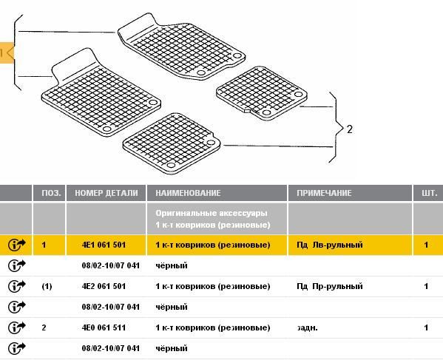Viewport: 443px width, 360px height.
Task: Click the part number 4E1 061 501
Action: click(x=104, y=245)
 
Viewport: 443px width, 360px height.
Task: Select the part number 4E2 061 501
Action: click(x=104, y=286)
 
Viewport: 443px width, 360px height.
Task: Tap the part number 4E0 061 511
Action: click(x=104, y=327)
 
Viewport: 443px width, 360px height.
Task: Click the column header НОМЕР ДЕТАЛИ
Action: click(x=106, y=193)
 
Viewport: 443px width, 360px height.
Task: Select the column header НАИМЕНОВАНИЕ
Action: click(x=188, y=193)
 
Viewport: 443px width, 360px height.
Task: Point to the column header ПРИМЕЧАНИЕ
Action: click(x=324, y=193)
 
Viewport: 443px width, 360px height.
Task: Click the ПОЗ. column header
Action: click(x=51, y=193)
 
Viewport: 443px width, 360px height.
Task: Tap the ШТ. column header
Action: click(x=430, y=193)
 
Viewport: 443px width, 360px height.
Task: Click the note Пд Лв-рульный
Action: click(x=329, y=245)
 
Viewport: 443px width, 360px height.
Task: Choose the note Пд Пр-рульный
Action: click(x=329, y=286)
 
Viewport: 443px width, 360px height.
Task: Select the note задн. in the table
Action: click(x=307, y=327)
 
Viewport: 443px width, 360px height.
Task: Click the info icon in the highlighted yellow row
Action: click(x=17, y=245)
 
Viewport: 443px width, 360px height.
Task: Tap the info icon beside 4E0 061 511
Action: click(x=17, y=327)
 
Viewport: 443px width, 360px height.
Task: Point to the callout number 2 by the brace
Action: click(x=350, y=129)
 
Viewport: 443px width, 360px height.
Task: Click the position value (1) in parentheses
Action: click(x=47, y=287)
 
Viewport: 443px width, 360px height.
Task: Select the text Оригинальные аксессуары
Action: click(x=212, y=213)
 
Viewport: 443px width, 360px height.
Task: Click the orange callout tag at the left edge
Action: click(x=7, y=52)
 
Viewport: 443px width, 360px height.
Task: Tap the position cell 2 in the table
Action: click(x=44, y=327)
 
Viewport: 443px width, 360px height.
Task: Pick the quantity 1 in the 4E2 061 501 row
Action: click(x=426, y=286)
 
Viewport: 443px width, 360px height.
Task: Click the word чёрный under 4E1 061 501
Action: click(x=172, y=265)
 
